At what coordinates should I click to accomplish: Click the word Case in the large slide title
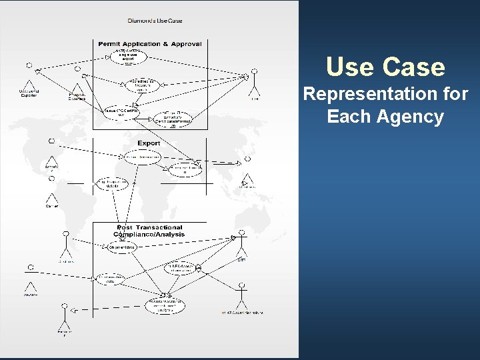tap(414, 67)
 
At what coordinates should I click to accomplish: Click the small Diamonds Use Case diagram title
tap(155, 21)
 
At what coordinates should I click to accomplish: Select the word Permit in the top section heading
tap(111, 44)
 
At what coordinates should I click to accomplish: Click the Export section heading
tap(149, 143)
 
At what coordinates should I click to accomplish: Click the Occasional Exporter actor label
tap(29, 94)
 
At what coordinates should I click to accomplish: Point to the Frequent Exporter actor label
tap(77, 96)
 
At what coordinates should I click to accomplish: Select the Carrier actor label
tap(51, 206)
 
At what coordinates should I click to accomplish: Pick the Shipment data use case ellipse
tap(123, 247)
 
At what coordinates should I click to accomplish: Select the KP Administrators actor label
tap(243, 312)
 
